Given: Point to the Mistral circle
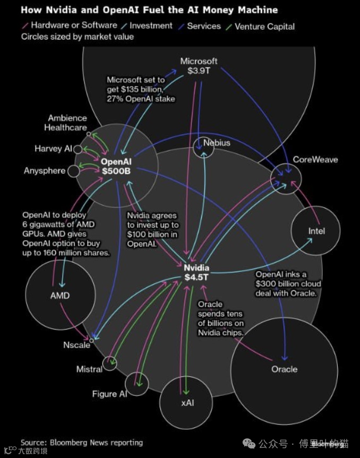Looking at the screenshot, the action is coord(110,363).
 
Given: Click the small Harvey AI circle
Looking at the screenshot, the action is coord(78,149).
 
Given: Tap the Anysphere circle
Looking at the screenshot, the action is coord(74,171).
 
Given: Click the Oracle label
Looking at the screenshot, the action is coord(284,369).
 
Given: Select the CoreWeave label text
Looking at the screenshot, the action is coord(315,159).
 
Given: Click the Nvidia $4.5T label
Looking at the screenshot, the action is coord(196,272).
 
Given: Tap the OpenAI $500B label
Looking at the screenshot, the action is coord(116,166).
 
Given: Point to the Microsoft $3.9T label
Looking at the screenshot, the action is coord(199,65).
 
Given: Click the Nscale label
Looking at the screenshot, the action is coord(77,345).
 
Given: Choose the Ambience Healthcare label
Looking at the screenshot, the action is coord(67,123).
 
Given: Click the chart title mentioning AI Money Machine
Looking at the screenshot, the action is coord(149,10).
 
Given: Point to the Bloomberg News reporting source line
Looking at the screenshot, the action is coord(82,442).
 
